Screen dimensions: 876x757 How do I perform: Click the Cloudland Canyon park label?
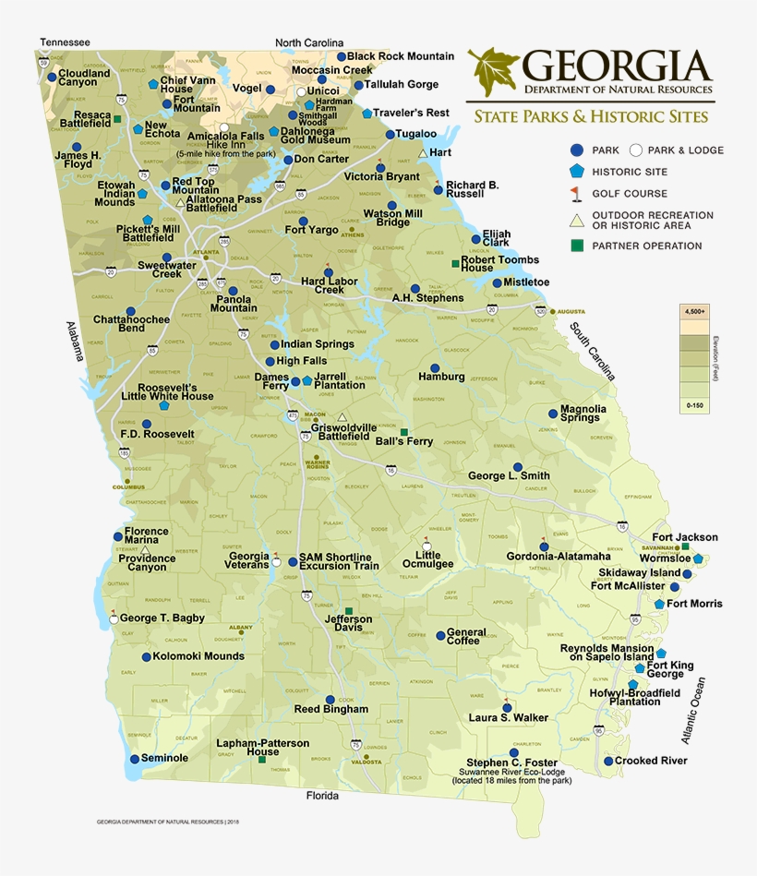point(84,78)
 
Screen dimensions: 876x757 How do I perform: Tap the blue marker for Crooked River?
point(608,762)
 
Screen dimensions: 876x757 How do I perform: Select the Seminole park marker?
point(135,758)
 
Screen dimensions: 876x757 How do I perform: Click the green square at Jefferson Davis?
point(349,611)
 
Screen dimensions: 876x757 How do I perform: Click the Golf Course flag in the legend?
point(576,194)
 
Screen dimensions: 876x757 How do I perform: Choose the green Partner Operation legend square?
point(576,246)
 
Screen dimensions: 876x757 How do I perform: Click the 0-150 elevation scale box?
point(694,404)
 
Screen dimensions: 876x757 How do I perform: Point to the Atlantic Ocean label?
point(693,711)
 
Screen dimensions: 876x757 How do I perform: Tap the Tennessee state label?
point(65,42)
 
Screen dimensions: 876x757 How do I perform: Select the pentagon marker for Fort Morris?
point(659,604)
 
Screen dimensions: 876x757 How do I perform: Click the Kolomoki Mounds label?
point(199,656)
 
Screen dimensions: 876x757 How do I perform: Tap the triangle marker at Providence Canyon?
point(145,549)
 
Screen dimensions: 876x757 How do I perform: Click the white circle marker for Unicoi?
point(300,92)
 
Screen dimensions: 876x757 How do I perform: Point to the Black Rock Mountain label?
point(401,56)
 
